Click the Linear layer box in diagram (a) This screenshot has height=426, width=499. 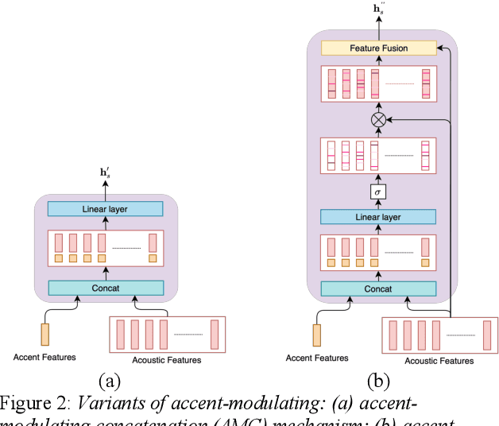tap(105, 209)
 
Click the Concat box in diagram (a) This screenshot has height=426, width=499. tap(105, 288)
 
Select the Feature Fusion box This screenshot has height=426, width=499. tap(378, 48)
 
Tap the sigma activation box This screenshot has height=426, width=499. tap(378, 192)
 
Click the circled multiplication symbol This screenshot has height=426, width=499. tap(378, 119)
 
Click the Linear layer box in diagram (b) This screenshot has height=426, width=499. tap(378, 217)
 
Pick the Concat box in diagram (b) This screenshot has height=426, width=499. tap(378, 289)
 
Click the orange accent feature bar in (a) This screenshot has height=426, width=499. tap(44, 333)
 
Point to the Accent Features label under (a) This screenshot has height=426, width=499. tap(44, 358)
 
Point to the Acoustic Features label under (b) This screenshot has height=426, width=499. tap(439, 361)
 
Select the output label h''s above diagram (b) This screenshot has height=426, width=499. tap(378, 10)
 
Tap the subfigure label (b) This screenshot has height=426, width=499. tap(378, 380)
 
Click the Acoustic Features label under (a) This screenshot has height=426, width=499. tap(167, 360)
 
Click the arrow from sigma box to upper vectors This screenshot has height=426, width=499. tap(378, 177)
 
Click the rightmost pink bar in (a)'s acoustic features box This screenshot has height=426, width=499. tap(214, 334)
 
